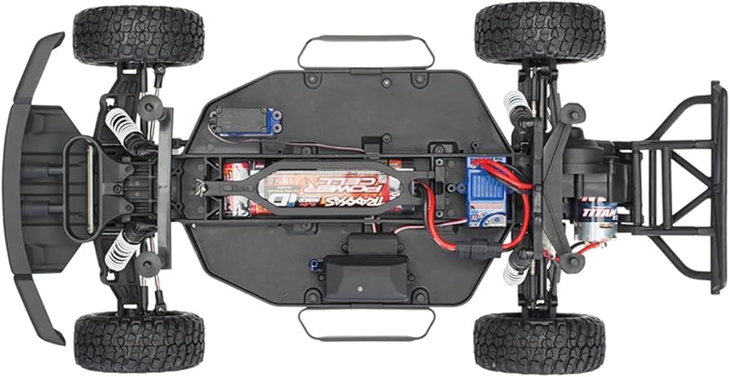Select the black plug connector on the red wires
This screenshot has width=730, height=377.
473,243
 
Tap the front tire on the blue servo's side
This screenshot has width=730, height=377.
138,34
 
